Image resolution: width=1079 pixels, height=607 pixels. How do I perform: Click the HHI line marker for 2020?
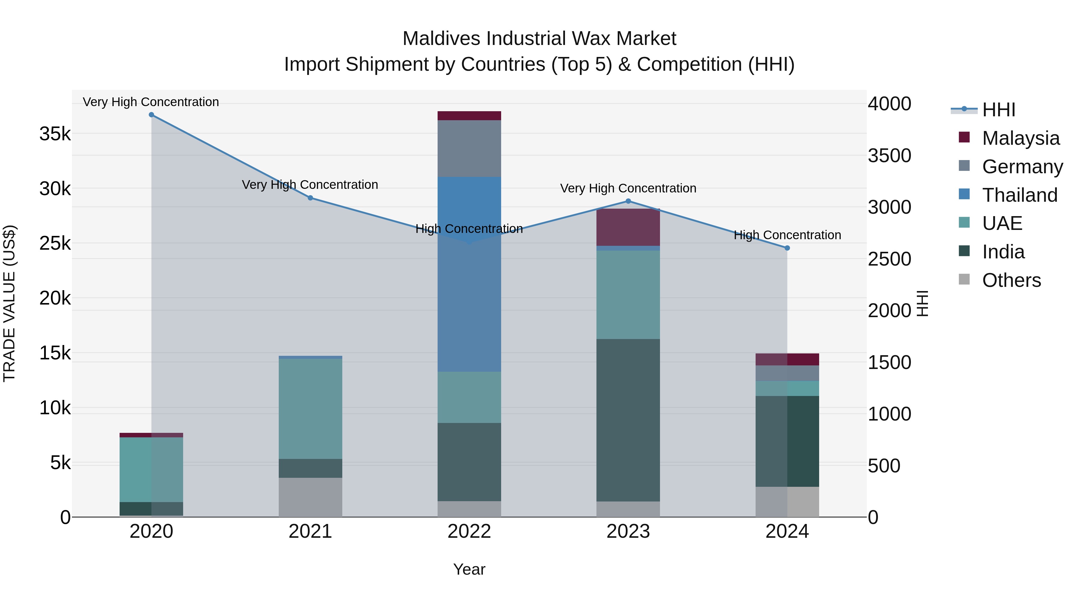pos(151,115)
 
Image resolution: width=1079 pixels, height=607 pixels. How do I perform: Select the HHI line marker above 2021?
pos(311,198)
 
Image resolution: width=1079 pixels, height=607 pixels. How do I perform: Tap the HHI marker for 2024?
pos(787,248)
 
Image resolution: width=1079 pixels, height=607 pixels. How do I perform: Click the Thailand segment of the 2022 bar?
pos(469,274)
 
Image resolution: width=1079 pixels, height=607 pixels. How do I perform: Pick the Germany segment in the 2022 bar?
pos(469,148)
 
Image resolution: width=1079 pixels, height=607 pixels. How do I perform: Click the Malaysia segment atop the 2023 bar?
pos(628,227)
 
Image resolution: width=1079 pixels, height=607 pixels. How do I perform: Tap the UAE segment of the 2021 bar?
pos(311,409)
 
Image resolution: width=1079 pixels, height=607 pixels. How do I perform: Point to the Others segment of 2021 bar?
pos(311,497)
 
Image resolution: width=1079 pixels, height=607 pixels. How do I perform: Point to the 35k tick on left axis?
pos(55,134)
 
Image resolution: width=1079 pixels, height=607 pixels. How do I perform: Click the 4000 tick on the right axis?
pos(889,104)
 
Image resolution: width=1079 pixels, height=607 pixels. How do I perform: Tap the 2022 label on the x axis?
pos(469,531)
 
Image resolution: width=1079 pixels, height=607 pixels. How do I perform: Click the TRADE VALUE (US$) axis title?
pos(9,303)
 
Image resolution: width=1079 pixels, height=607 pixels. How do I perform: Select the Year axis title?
pos(469,569)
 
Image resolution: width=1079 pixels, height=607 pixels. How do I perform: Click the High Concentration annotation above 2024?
pos(787,235)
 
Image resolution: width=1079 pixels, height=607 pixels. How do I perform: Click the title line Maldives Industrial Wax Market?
pos(539,39)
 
